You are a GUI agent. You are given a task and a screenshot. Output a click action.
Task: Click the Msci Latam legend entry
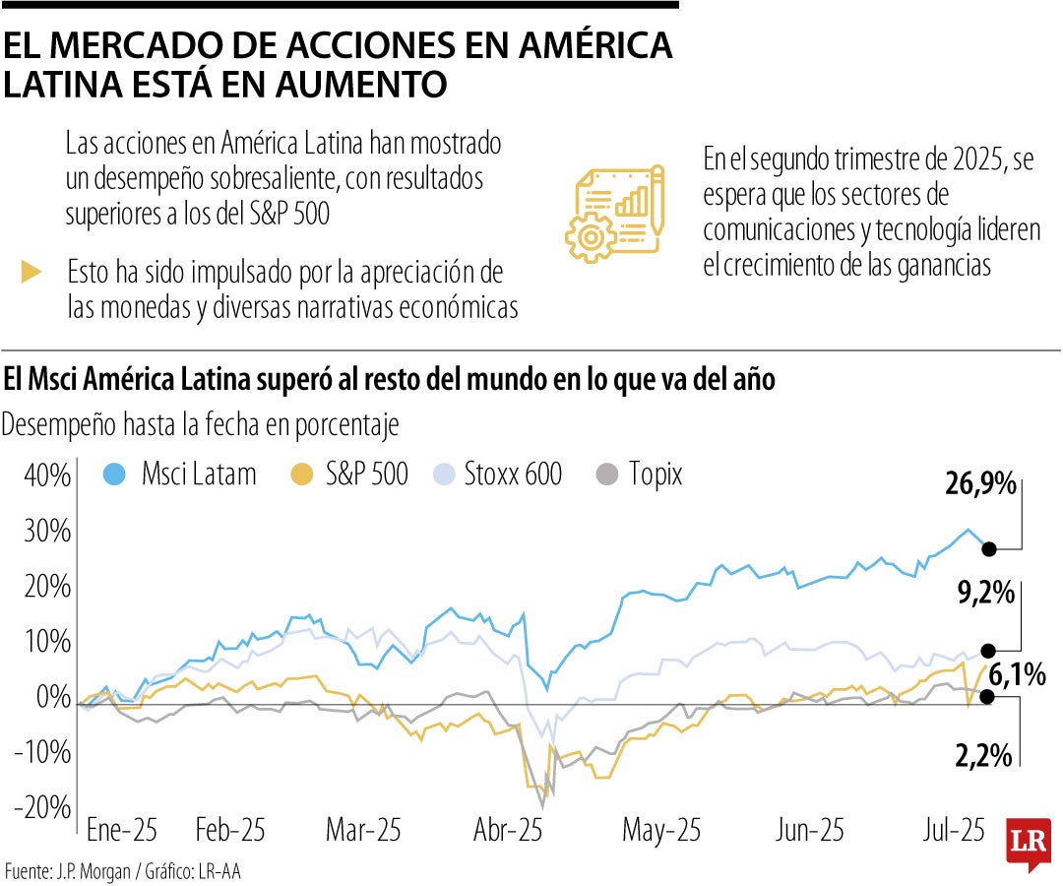[x=180, y=475]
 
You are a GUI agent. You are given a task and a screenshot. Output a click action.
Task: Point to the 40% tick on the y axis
[x=45, y=476]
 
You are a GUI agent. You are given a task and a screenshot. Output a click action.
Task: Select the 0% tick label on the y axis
[x=53, y=698]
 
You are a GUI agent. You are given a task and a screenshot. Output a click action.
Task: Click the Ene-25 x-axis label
[x=122, y=831]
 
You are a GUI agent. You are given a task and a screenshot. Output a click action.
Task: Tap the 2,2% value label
[x=984, y=756]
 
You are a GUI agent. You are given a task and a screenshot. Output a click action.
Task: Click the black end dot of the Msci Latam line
[x=989, y=549]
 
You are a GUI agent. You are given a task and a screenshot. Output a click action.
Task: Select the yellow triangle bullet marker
[x=31, y=273]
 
